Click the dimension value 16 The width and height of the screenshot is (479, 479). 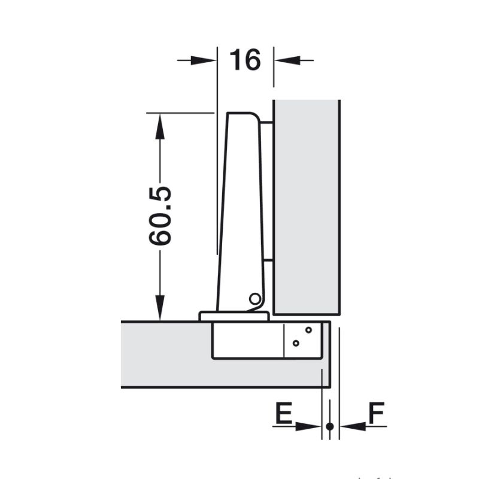point(245,60)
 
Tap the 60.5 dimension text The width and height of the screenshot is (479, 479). point(160,216)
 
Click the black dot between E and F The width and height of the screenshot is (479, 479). point(330,426)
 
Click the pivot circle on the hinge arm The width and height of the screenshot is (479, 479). point(254,298)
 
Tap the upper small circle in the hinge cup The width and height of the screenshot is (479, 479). point(309,329)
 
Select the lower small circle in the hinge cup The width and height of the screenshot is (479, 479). point(295,343)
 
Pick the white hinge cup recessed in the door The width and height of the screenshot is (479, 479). point(245,340)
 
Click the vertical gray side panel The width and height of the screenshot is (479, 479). point(307,207)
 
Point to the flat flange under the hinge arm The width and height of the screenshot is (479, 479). point(234,316)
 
